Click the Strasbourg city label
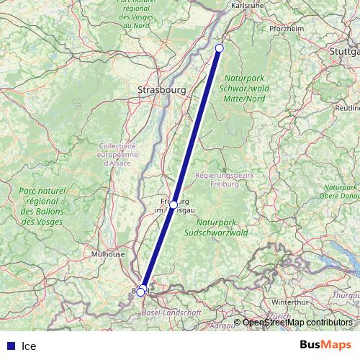coord(161,90)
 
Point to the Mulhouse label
coord(108,254)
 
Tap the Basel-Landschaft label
coord(172,313)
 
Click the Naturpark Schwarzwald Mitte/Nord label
coord(245,88)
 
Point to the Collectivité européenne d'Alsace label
coord(116,154)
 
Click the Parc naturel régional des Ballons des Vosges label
coord(42,205)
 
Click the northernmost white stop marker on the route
coord(220,48)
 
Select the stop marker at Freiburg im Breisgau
coord(174,204)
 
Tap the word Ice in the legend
coord(29,346)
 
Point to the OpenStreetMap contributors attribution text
coord(297,323)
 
